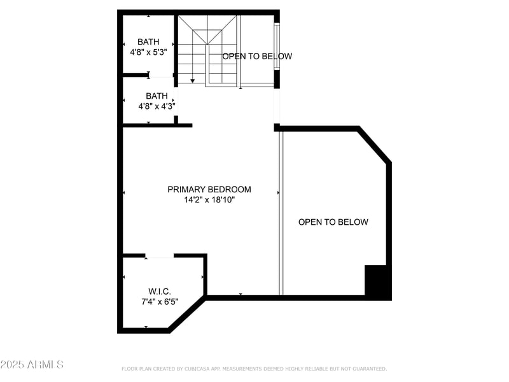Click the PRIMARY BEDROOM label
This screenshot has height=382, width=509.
(209, 189)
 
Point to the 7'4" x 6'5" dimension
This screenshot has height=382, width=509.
(160, 302)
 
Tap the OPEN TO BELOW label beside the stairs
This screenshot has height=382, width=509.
(257, 56)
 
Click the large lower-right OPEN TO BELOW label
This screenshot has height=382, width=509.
(333, 222)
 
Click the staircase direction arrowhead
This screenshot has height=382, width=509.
(193, 81)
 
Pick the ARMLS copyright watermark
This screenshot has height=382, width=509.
(32, 365)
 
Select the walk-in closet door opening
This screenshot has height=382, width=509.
(160, 256)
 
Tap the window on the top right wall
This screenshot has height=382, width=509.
(276, 48)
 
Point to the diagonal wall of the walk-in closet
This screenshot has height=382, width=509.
(188, 314)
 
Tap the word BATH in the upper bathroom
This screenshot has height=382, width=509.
(148, 42)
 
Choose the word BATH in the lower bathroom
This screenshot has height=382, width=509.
(157, 96)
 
